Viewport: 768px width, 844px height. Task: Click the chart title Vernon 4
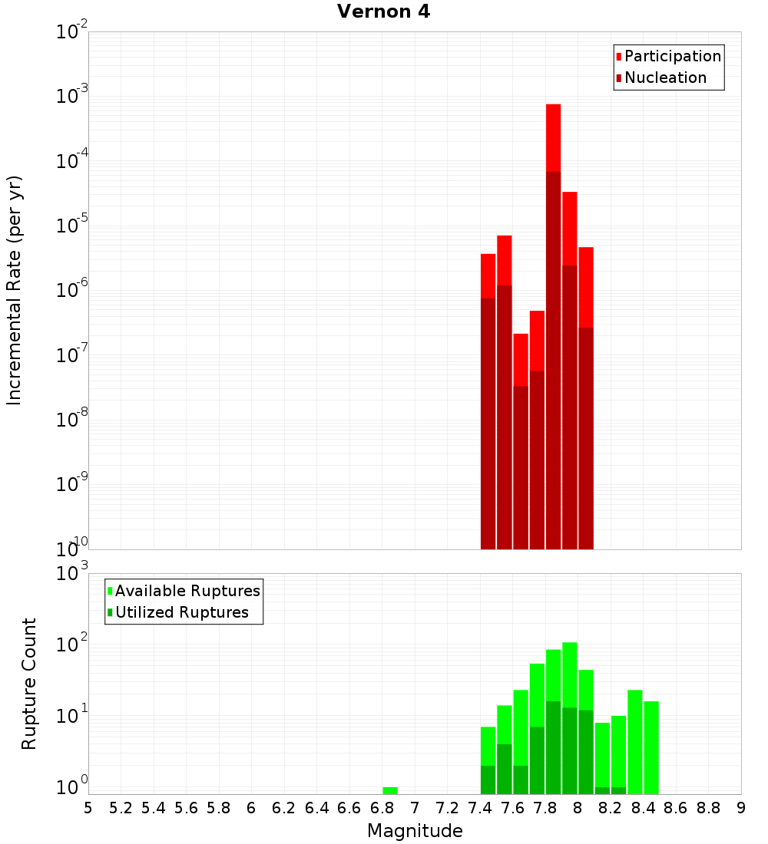(384, 12)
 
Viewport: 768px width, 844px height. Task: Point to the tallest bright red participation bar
(554, 138)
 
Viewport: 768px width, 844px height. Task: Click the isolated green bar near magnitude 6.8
(390, 790)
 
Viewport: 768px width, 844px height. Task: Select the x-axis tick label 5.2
(121, 808)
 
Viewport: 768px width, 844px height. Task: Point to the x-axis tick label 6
(251, 808)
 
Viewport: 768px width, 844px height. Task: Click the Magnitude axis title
(415, 831)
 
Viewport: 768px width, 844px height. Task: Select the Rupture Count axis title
(29, 684)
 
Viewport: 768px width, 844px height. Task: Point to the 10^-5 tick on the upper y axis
(71, 227)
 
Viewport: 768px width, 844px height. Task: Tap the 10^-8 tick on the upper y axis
(71, 420)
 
